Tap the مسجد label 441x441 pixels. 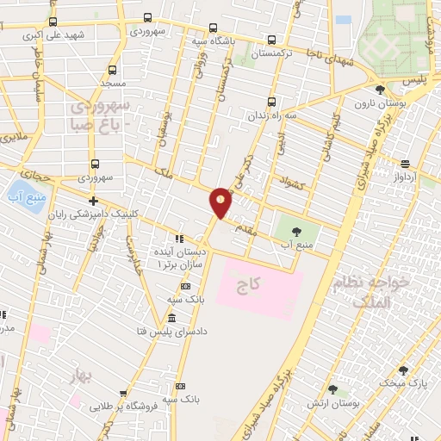coord(113,84)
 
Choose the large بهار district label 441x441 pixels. coord(82,376)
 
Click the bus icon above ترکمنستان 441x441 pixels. coord(272,40)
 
